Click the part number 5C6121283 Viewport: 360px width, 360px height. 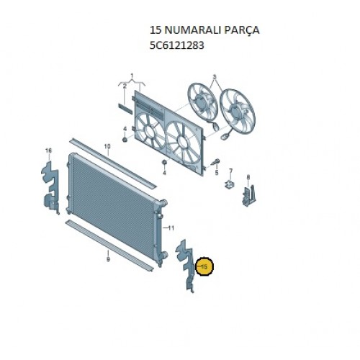(176, 45)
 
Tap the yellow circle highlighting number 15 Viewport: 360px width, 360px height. (204, 266)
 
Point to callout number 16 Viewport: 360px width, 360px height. (48, 150)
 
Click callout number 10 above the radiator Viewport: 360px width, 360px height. (107, 146)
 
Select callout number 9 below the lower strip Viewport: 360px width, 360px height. (108, 259)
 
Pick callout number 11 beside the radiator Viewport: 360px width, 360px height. (171, 228)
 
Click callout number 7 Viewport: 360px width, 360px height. (230, 171)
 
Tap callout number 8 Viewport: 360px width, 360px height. (248, 177)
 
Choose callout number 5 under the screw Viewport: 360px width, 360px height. (217, 173)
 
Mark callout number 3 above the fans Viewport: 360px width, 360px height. (215, 77)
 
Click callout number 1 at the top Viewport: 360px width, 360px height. (132, 76)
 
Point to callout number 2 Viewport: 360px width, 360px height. (125, 86)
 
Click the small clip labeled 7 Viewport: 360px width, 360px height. (229, 184)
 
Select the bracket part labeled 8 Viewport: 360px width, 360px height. (249, 195)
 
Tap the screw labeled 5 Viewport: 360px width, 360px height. (215, 161)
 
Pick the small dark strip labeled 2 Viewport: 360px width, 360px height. (125, 109)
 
